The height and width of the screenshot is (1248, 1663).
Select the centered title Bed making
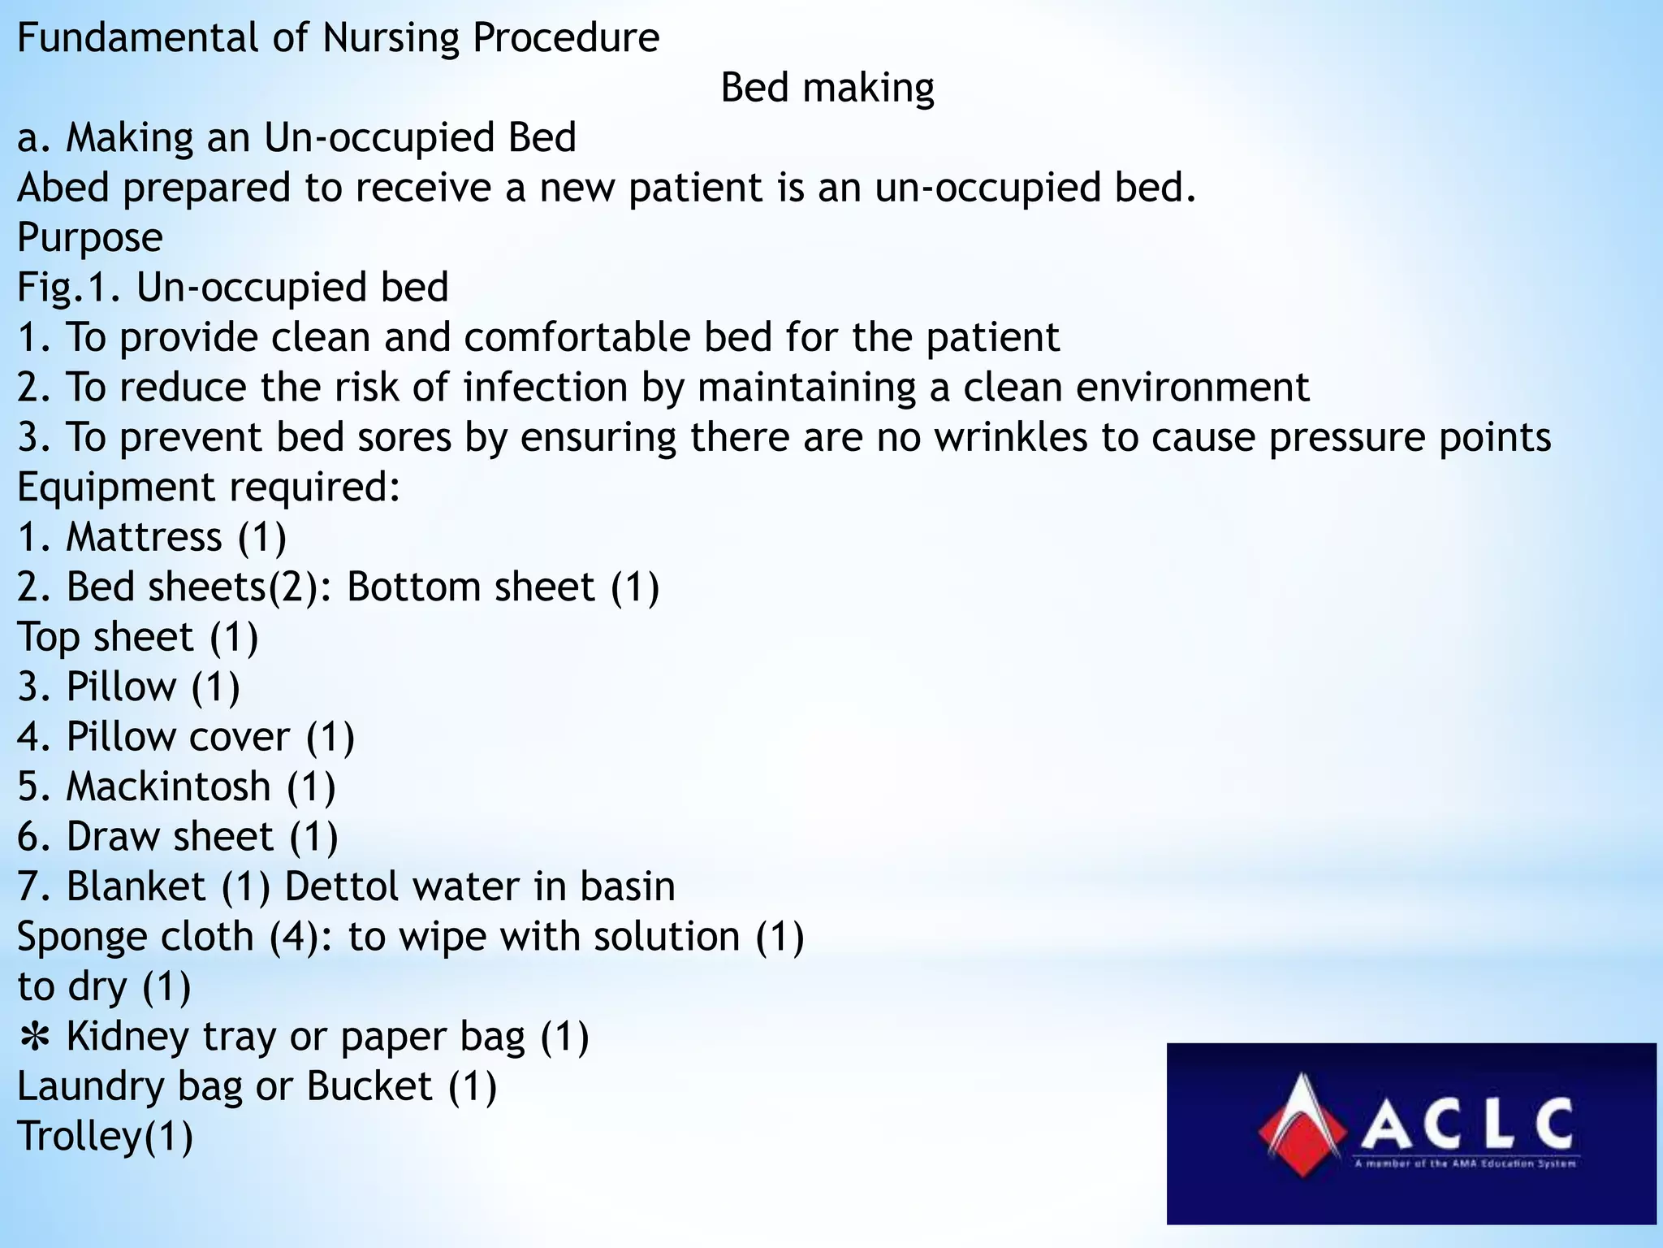pyautogui.click(x=827, y=88)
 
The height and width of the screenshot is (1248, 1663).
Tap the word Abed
pyautogui.click(x=63, y=188)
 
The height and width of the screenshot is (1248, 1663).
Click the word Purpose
pyautogui.click(x=89, y=238)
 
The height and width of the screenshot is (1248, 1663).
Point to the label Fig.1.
pyautogui.click(x=69, y=288)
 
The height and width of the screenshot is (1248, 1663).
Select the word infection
pyautogui.click(x=546, y=388)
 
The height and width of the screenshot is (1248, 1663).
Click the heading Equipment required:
pyautogui.click(x=209, y=487)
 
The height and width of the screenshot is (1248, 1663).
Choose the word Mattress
pyautogui.click(x=144, y=538)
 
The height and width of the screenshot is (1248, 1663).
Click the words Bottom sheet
pyautogui.click(x=471, y=587)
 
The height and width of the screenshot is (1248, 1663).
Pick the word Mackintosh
pyautogui.click(x=168, y=786)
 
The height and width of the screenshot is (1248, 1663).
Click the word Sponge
pyautogui.click(x=78, y=937)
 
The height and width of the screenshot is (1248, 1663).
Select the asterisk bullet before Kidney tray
pyautogui.click(x=34, y=1037)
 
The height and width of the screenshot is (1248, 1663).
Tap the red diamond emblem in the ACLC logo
pyautogui.click(x=1302, y=1125)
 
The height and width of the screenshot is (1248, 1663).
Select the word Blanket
pyautogui.click(x=136, y=886)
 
